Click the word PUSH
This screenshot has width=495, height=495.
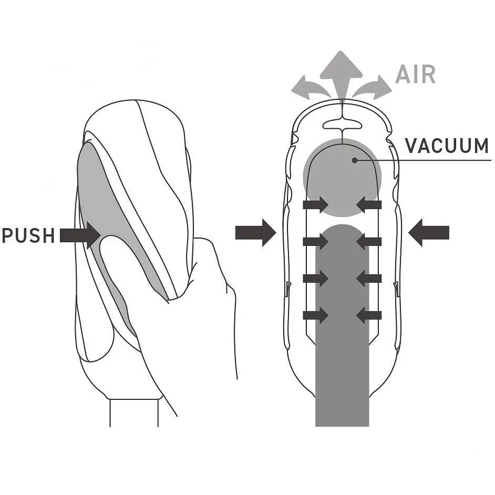pyautogui.click(x=28, y=235)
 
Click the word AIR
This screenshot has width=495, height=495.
pyautogui.click(x=416, y=75)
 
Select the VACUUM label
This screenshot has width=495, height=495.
pyautogui.click(x=447, y=146)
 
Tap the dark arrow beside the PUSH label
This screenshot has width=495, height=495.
pyautogui.click(x=80, y=235)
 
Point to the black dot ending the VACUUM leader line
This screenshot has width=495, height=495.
pyautogui.click(x=355, y=160)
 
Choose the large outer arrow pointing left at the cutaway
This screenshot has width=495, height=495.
pyautogui.click(x=429, y=233)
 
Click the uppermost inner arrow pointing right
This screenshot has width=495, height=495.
pyautogui.click(x=316, y=204)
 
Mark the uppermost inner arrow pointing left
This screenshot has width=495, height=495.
pyautogui.click(x=369, y=204)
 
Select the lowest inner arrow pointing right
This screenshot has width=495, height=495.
pyautogui.click(x=316, y=315)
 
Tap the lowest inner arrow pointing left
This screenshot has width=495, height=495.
pyautogui.click(x=369, y=315)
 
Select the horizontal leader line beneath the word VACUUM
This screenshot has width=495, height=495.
pyautogui.click(x=423, y=160)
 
